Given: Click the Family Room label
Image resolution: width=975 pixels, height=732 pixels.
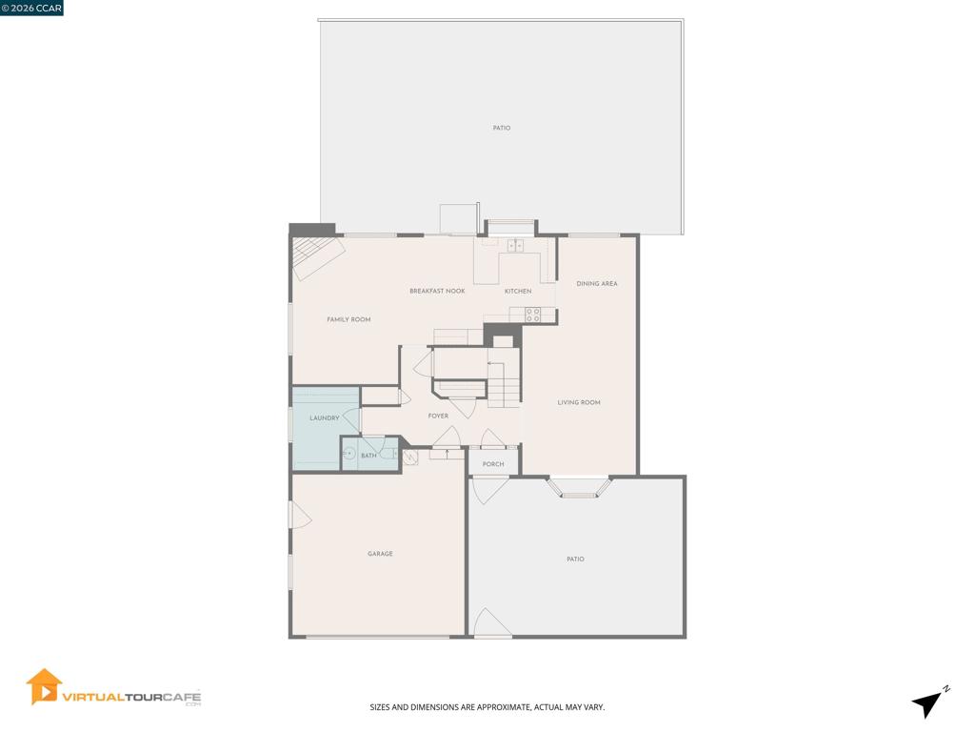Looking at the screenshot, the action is pos(348,319).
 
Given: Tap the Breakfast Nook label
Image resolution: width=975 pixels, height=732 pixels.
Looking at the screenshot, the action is pos(437,291).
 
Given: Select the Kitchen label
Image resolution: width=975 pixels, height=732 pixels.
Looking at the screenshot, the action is pos(518,291).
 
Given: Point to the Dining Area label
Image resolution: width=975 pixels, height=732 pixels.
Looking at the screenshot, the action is pos(597,283).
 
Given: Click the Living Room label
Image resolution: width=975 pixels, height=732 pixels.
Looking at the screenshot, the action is pos(579,402).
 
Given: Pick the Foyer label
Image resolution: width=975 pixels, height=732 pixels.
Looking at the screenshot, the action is pos(438,416).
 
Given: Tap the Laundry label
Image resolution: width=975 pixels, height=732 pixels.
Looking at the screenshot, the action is pos(325,417).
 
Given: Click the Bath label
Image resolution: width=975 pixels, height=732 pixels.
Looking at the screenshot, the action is pos(368,456).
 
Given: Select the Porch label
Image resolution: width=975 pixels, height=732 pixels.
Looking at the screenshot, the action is pos(493,464).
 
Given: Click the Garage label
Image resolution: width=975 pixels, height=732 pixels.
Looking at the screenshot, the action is pos(380,554).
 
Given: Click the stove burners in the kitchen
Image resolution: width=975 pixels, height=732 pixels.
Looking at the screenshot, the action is pos(533,315).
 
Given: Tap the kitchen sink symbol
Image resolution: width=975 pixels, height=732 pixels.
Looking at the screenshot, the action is pos(515,246).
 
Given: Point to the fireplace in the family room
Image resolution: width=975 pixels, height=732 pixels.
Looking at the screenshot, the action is pos(318,256).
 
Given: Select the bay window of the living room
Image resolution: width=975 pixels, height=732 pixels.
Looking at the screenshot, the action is pos(579,489).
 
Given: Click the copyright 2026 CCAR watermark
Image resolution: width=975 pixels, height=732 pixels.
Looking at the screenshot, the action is pos(31,8).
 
